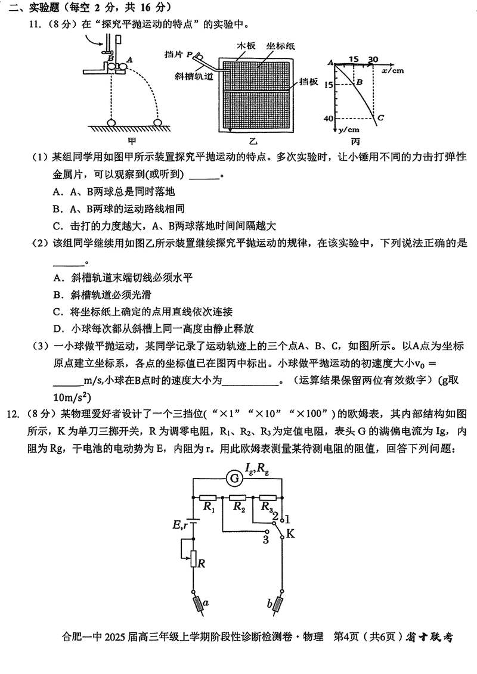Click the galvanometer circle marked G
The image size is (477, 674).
click(x=236, y=461)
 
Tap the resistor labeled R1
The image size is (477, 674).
click(x=209, y=480)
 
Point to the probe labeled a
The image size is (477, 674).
click(x=197, y=605)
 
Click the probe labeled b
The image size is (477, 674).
click(x=277, y=605)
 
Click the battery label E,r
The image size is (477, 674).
click(x=181, y=524)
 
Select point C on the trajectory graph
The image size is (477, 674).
click(x=379, y=118)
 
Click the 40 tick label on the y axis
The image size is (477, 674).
click(x=326, y=119)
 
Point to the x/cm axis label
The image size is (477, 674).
click(x=392, y=70)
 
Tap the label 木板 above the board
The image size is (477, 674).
click(x=246, y=45)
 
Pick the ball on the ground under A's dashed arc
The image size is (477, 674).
click(x=158, y=122)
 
